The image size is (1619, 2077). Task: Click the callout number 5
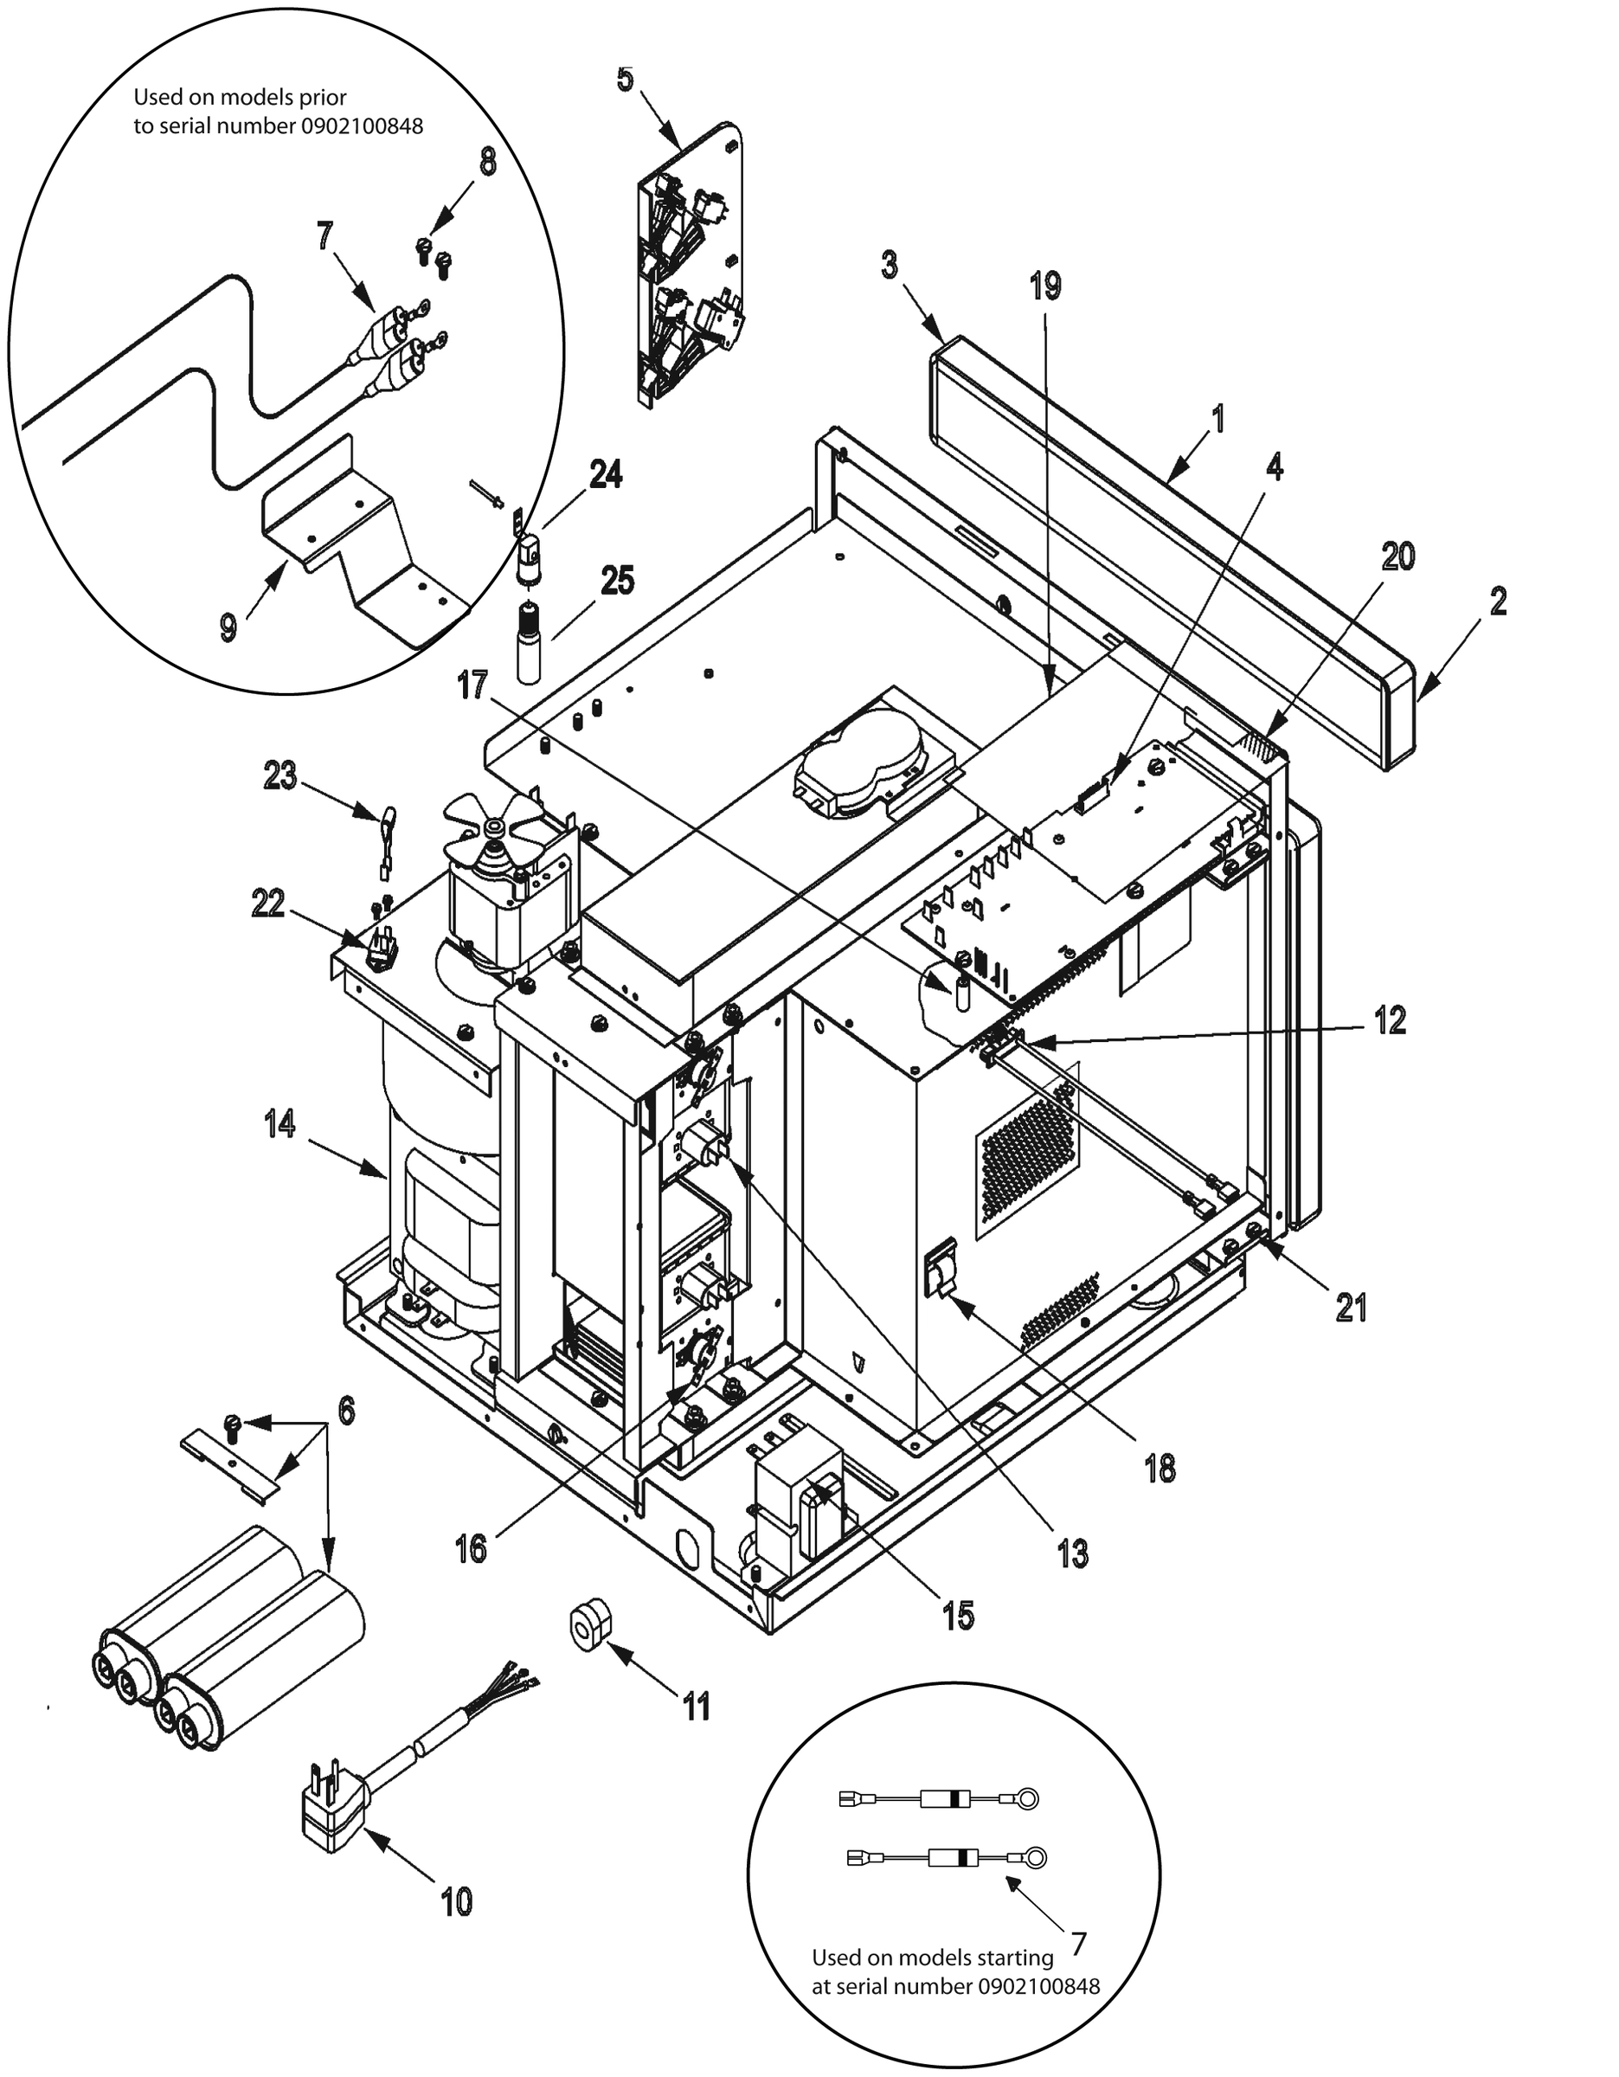click(625, 79)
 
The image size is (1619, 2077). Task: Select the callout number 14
click(279, 1124)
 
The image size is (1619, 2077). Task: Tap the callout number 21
click(1351, 1309)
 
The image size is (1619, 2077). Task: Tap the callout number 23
click(279, 775)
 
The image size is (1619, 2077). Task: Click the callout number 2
click(1497, 601)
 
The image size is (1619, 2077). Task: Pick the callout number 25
click(617, 579)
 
